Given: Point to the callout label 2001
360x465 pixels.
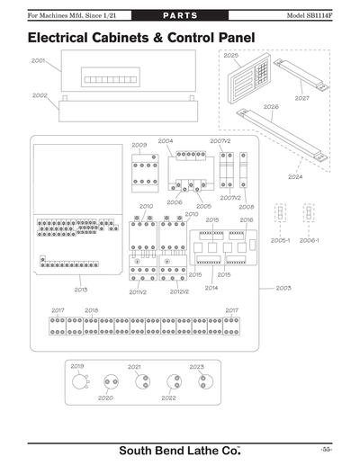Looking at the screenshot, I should pyautogui.click(x=39, y=61).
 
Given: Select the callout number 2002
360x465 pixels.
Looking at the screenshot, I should pyautogui.click(x=40, y=94).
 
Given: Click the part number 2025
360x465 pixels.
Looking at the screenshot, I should pyautogui.click(x=231, y=55).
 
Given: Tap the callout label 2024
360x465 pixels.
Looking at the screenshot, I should pyautogui.click(x=294, y=176).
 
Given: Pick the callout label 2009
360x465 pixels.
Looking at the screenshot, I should pyautogui.click(x=139, y=145).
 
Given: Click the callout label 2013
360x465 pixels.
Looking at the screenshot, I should pyautogui.click(x=80, y=289).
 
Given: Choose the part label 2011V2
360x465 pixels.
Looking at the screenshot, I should pyautogui.click(x=138, y=291).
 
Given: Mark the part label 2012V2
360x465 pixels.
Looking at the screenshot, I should pyautogui.click(x=179, y=291).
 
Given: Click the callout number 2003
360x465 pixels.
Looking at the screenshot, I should pyautogui.click(x=283, y=288).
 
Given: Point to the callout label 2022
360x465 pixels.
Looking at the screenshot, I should pyautogui.click(x=167, y=397).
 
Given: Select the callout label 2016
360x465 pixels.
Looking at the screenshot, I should pyautogui.click(x=246, y=219).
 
